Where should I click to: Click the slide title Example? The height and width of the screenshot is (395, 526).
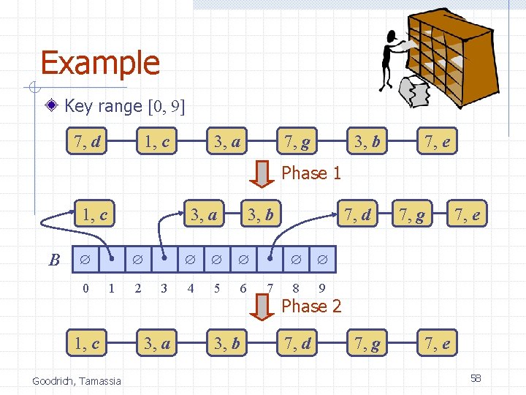(100, 63)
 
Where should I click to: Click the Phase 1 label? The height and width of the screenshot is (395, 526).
(311, 173)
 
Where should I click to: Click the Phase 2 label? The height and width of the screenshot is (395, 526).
(311, 306)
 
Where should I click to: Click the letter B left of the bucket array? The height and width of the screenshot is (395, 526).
(54, 260)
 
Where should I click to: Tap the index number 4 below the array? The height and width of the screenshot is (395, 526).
(191, 288)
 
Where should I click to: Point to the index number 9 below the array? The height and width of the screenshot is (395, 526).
(322, 288)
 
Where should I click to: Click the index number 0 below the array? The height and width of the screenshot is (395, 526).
(85, 288)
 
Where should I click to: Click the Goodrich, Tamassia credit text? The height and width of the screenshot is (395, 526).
(77, 380)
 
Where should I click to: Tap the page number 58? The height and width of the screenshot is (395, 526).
(476, 378)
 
